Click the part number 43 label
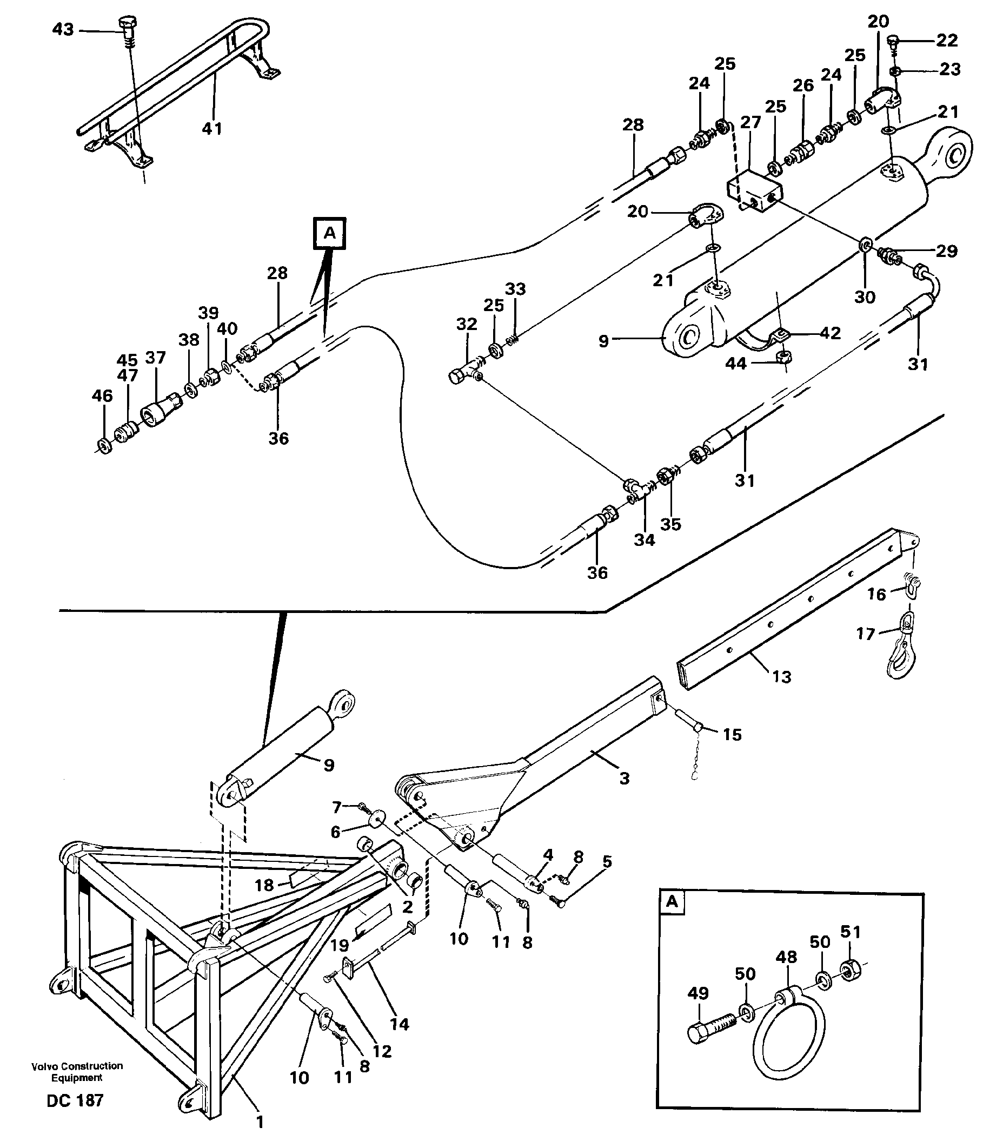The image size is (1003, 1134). pos(63,29)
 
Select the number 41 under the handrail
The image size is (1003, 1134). pos(212,129)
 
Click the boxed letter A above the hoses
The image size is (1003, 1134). pos(329,234)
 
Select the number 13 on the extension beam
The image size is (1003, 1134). pos(781,677)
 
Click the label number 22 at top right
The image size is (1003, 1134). pos(946,40)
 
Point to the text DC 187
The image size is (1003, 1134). pos(75,1100)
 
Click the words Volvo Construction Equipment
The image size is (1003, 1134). pos(77,1072)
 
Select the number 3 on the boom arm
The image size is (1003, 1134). pos(625,779)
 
